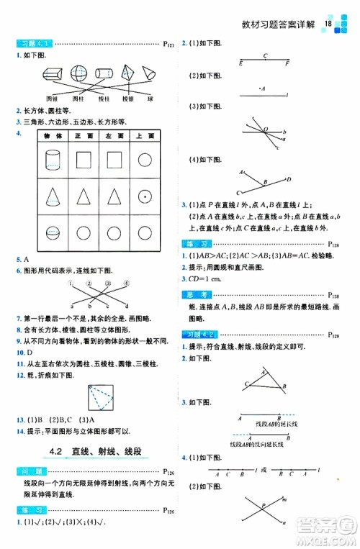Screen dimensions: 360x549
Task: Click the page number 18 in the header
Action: (x=328, y=24)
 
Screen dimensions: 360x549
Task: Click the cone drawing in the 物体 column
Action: (x=53, y=195)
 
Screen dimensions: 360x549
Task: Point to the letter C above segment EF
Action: (x=266, y=55)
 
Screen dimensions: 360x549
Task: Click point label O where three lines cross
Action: (x=264, y=130)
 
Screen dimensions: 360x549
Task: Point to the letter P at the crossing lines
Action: (x=264, y=505)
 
